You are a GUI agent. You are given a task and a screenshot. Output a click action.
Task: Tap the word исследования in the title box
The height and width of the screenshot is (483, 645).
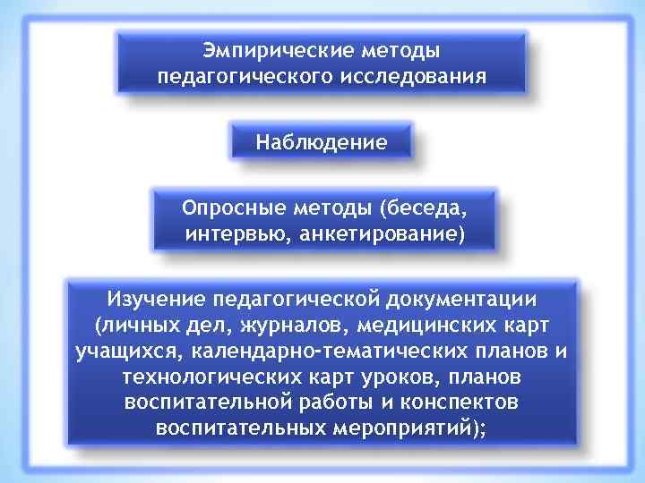coord(413,76)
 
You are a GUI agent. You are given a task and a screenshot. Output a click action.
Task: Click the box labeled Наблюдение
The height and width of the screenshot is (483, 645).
coord(322,141)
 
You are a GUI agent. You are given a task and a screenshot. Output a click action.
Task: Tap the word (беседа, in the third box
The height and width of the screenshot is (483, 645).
coord(423,208)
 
